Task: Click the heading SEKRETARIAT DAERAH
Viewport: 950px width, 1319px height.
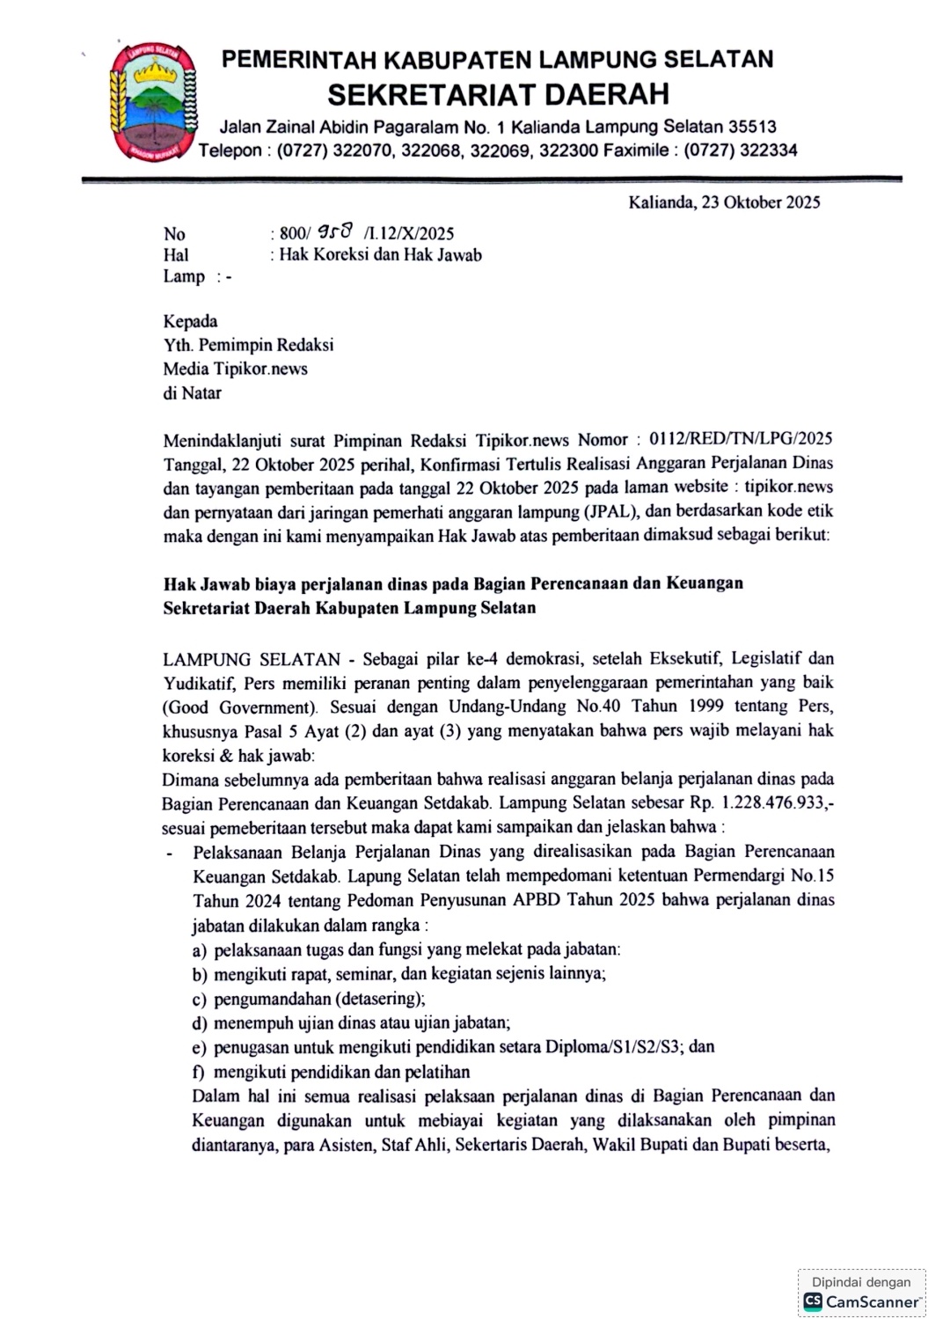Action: (498, 92)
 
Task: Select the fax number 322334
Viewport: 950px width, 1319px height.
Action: (768, 150)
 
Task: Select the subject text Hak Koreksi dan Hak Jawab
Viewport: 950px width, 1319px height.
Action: (380, 255)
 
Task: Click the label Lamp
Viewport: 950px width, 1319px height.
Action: (184, 276)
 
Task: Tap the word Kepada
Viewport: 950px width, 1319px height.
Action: (190, 321)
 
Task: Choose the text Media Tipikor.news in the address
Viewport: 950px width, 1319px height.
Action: (235, 369)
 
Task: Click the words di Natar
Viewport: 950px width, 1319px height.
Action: (192, 392)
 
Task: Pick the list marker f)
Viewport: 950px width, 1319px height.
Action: (198, 1072)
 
